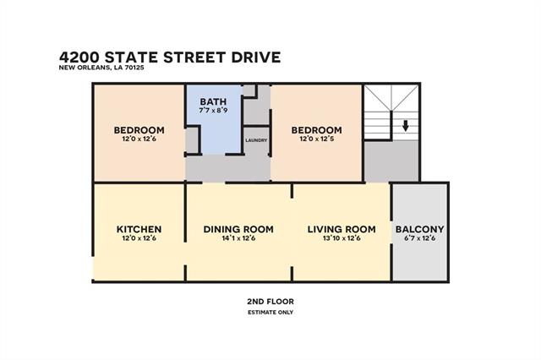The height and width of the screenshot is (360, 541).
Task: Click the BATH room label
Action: point(213,101)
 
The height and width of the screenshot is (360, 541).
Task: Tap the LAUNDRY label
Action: point(256,140)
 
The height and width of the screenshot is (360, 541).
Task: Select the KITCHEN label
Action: point(139,229)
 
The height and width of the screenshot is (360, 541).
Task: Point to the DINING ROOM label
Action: point(238,229)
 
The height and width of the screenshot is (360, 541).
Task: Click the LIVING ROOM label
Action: point(342,229)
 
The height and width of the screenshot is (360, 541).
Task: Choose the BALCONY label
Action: point(419,229)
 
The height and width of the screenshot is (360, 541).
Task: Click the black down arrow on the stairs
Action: point(406,126)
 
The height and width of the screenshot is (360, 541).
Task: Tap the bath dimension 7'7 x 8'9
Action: point(213,111)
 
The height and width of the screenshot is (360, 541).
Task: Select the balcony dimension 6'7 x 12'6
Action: point(419,238)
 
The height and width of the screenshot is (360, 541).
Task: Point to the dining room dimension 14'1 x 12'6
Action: point(238,238)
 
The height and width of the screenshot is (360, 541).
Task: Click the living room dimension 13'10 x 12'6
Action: point(342,238)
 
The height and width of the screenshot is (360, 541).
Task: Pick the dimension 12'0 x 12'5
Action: point(316,139)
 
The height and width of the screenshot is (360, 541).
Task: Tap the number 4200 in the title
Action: point(79,57)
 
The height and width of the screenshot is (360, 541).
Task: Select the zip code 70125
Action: point(134,68)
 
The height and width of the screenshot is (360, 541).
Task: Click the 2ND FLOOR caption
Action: point(270,302)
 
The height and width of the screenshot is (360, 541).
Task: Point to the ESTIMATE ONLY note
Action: point(270,313)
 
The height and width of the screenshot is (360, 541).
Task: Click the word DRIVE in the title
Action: point(256,57)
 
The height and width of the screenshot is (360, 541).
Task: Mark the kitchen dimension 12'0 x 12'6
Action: point(139,238)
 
